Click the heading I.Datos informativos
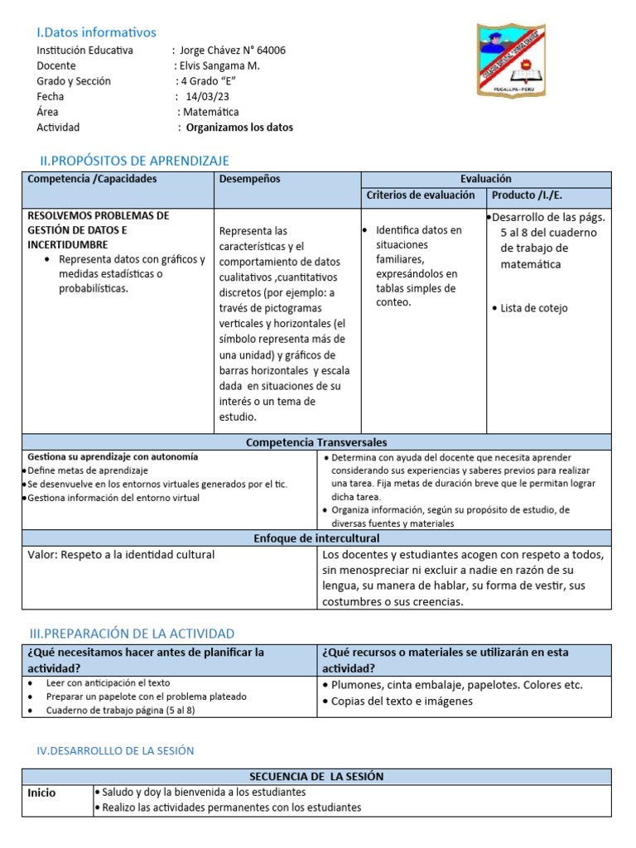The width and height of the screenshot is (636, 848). click(x=96, y=32)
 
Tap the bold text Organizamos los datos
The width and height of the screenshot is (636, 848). click(x=239, y=128)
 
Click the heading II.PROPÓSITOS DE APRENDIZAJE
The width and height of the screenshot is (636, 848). click(x=135, y=161)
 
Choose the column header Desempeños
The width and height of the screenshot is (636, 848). click(x=250, y=179)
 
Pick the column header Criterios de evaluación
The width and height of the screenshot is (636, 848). click(x=421, y=195)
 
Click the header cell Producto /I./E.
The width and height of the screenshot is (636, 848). click(x=527, y=195)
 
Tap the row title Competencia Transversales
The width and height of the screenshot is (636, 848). click(x=316, y=443)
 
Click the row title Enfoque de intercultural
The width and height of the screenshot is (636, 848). click(x=316, y=539)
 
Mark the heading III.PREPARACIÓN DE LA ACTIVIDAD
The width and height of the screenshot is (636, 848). click(x=132, y=634)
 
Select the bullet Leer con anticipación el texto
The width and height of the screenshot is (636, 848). click(x=108, y=683)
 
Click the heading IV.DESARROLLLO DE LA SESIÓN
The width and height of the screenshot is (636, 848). click(x=115, y=750)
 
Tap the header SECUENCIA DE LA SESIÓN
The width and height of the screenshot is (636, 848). click(x=316, y=776)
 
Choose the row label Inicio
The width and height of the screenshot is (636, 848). click(x=42, y=793)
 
